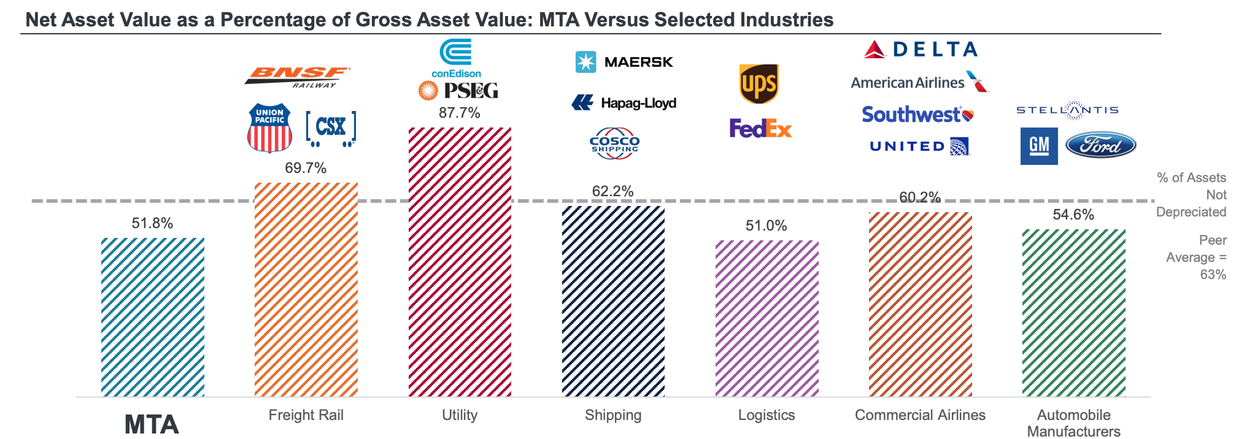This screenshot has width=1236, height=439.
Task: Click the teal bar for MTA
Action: [153, 317]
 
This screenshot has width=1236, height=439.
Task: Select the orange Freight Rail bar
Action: [306, 289]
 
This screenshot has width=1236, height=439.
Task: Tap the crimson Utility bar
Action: [460, 262]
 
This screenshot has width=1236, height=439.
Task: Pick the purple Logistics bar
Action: [767, 318]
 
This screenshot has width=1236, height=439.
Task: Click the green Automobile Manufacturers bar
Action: [1073, 313]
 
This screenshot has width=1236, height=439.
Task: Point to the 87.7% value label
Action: [459, 113]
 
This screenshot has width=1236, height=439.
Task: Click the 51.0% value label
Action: [766, 226]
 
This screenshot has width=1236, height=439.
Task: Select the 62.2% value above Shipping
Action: [612, 191]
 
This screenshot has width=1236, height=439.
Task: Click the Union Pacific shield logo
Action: [269, 128]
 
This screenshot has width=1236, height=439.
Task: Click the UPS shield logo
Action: [759, 84]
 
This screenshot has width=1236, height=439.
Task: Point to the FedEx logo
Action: [760, 128]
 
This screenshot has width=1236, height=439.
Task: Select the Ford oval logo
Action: [1100, 145]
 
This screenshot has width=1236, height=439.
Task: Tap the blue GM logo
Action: [1038, 146]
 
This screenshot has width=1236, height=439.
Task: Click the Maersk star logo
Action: [586, 62]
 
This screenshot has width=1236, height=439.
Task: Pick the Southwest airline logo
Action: [917, 115]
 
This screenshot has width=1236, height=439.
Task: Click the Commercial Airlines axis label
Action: [920, 415]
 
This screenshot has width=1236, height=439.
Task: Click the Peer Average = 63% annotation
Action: [1196, 258]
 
